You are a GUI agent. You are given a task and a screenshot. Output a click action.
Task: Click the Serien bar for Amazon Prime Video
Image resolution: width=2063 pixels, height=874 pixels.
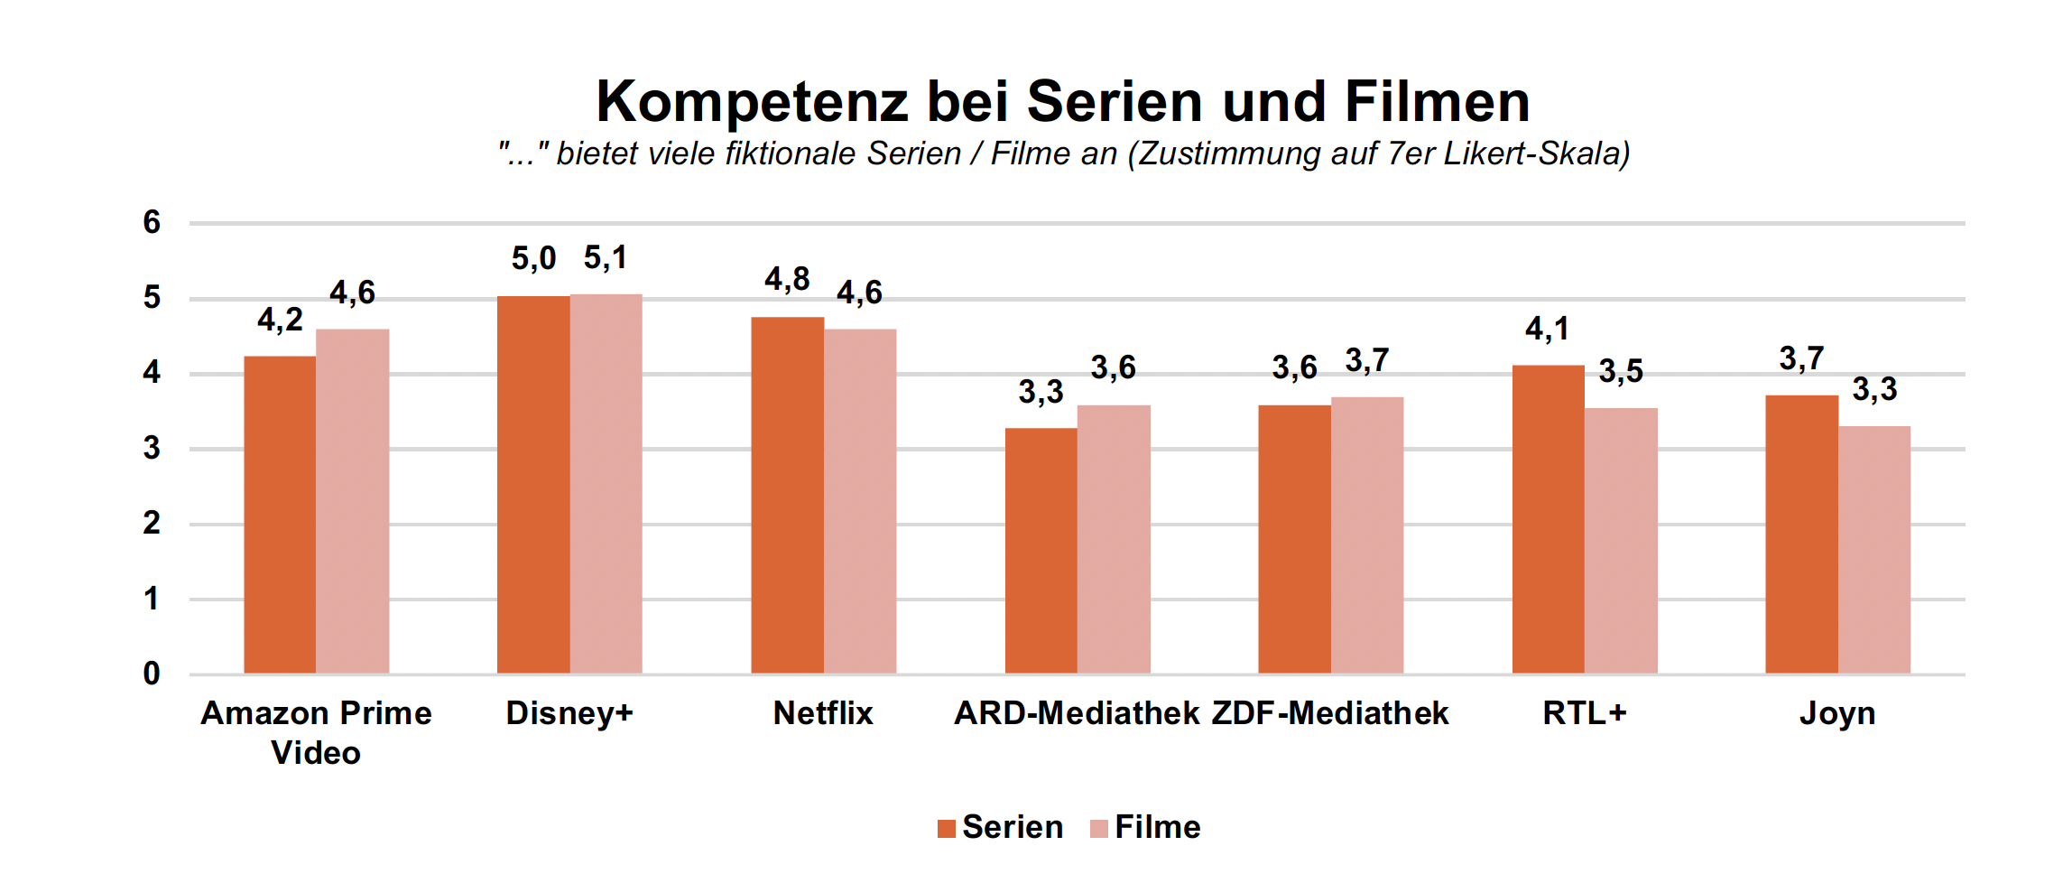click(280, 515)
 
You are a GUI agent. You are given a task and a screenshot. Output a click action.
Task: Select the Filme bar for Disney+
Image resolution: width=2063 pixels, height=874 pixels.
click(606, 484)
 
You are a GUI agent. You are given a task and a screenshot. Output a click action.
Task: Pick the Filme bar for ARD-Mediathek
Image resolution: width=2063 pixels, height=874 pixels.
click(1114, 539)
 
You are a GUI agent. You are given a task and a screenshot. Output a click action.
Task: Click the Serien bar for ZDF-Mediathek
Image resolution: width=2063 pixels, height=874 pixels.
click(1294, 539)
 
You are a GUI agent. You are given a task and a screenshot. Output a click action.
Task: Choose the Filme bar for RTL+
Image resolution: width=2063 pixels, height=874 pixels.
click(1621, 541)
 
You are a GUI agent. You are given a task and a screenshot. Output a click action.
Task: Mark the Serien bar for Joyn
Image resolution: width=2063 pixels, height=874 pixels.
click(1801, 534)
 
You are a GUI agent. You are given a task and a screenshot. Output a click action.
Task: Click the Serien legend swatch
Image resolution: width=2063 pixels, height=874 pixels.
click(946, 829)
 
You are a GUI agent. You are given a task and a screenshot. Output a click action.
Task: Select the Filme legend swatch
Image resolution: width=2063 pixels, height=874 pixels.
click(1098, 829)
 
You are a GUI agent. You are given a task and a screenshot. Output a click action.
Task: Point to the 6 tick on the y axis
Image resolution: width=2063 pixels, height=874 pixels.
click(152, 222)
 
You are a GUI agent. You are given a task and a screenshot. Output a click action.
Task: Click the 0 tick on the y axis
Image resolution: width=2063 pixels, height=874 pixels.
click(152, 674)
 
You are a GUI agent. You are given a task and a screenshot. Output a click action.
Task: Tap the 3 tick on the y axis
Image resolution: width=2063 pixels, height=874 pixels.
click(152, 448)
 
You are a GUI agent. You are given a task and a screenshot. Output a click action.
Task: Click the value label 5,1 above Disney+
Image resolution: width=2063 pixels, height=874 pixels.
click(606, 258)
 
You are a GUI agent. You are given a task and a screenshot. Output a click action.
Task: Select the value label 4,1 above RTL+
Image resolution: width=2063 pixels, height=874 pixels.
click(1547, 329)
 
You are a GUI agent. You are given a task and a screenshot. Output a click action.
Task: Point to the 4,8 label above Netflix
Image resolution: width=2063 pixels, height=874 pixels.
click(787, 280)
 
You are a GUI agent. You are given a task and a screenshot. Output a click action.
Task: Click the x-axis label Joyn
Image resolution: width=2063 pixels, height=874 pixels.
click(1837, 713)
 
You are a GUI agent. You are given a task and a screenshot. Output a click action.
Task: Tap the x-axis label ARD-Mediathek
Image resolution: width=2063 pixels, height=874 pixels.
click(1077, 713)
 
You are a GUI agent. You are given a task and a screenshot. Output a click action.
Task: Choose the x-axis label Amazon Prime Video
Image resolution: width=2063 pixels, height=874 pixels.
click(316, 732)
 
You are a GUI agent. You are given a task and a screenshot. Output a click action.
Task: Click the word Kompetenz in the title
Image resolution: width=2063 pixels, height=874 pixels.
click(752, 101)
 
